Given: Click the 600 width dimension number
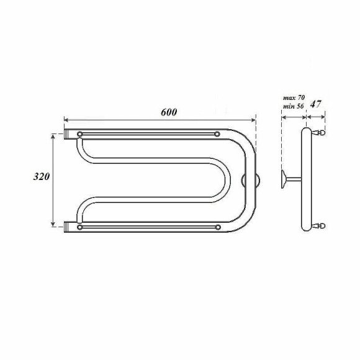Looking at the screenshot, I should point(168,112).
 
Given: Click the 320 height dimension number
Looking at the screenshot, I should point(41,176).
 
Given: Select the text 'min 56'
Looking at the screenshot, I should point(293,107).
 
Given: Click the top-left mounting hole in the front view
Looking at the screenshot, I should point(79,133).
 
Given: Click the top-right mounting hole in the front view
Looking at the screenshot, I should point(216,133).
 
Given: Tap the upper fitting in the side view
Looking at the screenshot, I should point(320,132).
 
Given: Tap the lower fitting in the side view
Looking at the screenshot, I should point(320,226).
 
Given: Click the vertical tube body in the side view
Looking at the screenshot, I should point(305,180).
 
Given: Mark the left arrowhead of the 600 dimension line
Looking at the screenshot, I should point(66,120).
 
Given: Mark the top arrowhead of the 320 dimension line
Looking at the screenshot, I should point(53,135).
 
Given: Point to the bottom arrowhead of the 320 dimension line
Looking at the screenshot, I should point(53,225).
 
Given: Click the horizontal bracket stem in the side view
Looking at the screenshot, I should point(294,180).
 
